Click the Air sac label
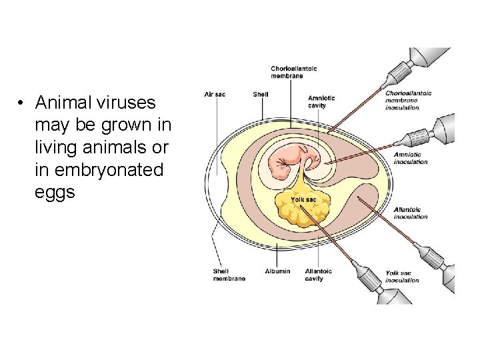pyautogui.click(x=215, y=94)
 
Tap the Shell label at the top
pyautogui.click(x=261, y=94)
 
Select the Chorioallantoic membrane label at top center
pyautogui.click(x=293, y=72)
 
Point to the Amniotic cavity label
pyautogui.click(x=321, y=102)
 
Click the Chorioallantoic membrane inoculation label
pyautogui.click(x=408, y=100)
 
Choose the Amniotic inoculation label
pyautogui.click(x=411, y=158)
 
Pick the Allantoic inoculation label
pyautogui.click(x=411, y=213)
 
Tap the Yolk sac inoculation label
pyautogui.click(x=403, y=277)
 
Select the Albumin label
pyautogui.click(x=277, y=271)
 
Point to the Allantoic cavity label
pyautogui.click(x=318, y=275)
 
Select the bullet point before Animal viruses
pyautogui.click(x=22, y=103)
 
